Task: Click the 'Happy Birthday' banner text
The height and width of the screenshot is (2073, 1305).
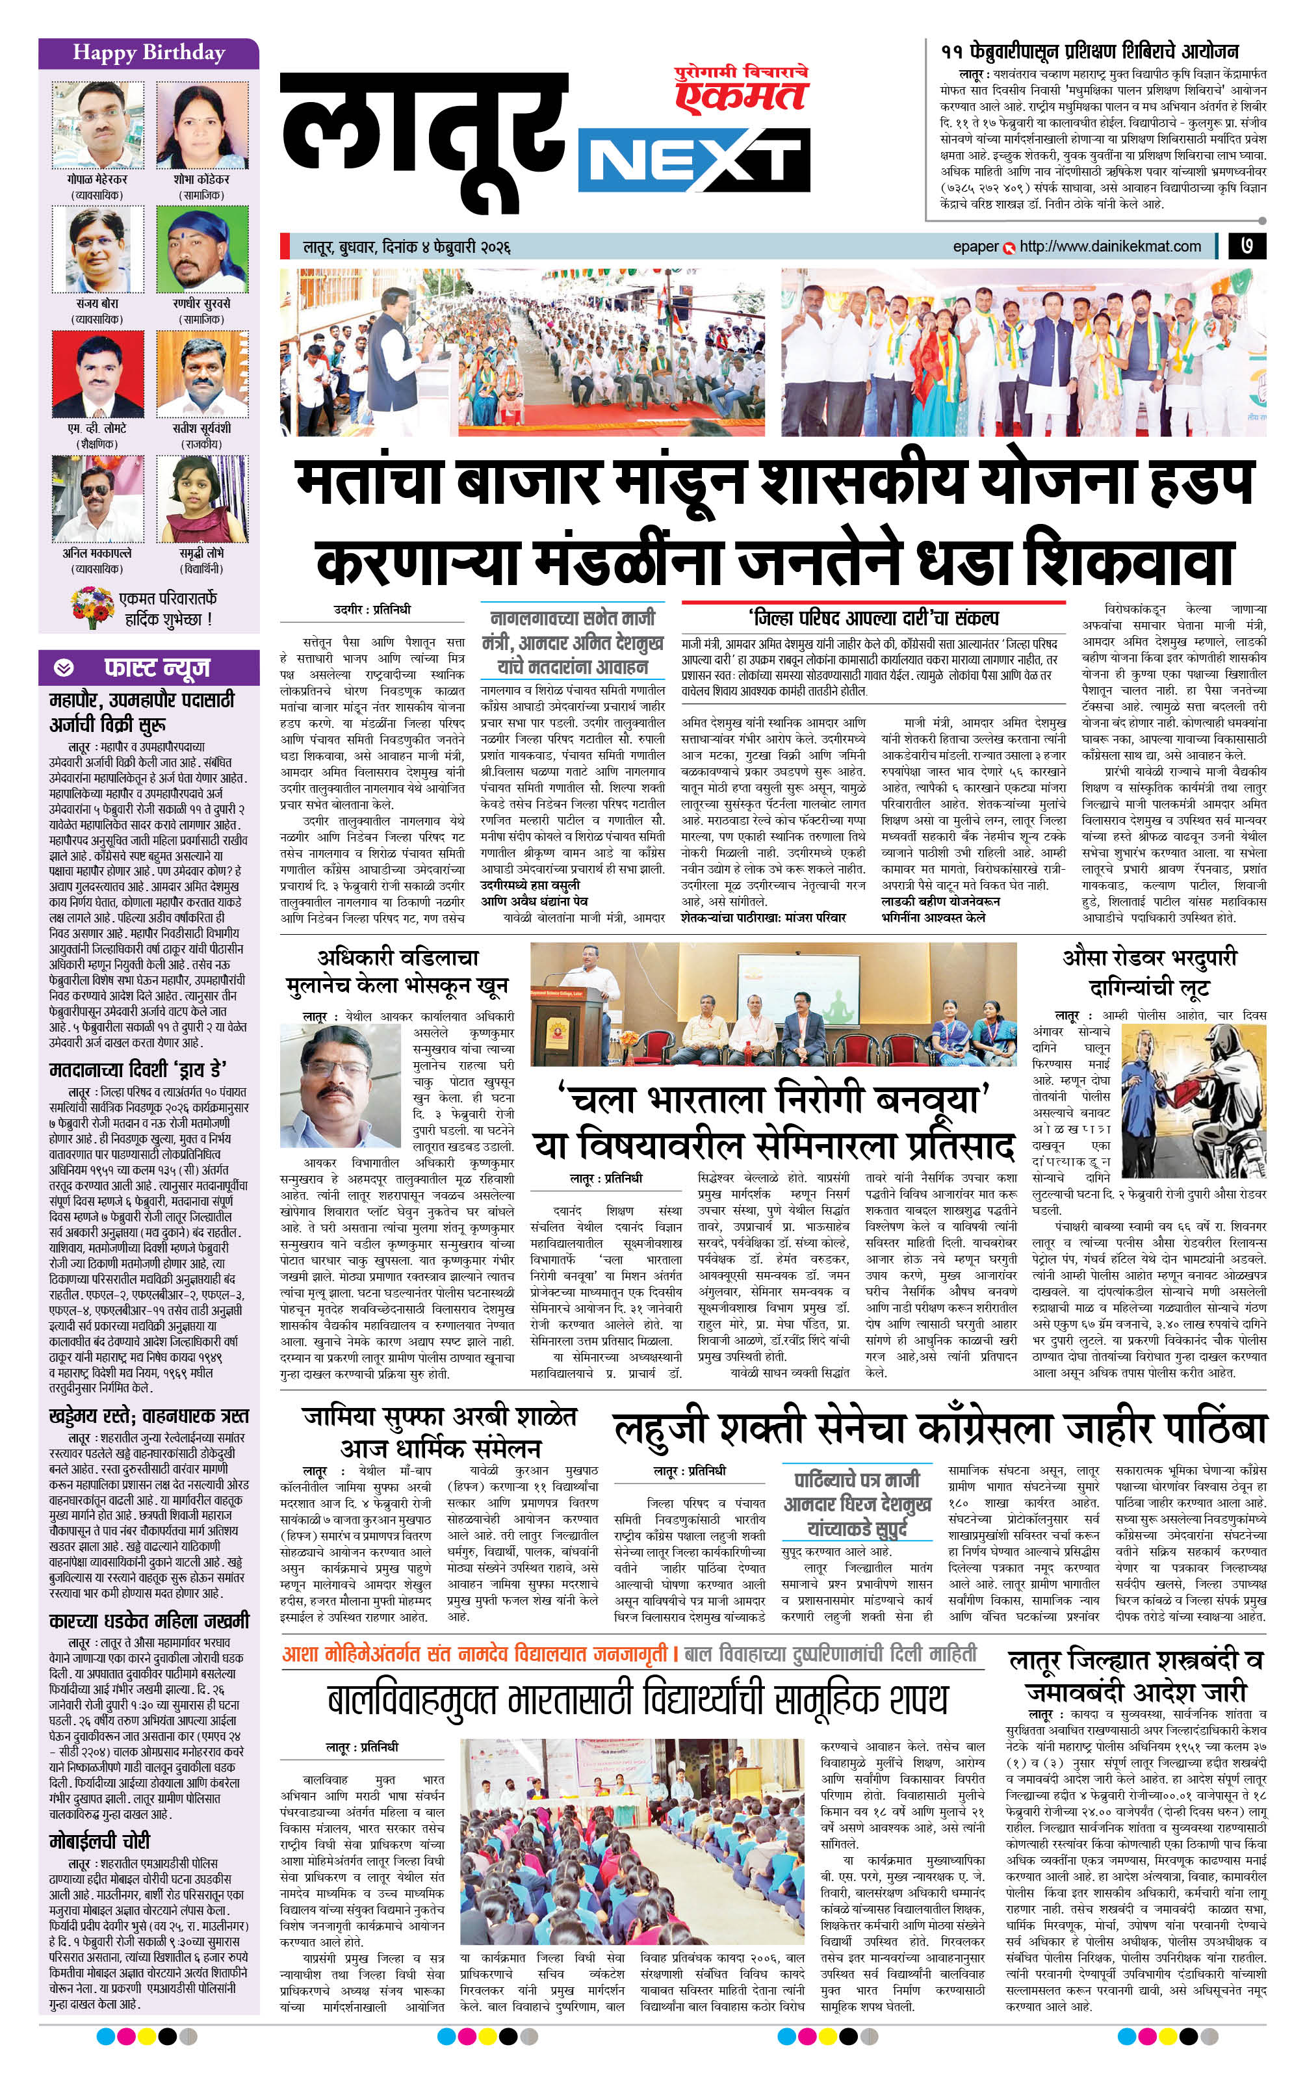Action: pyautogui.click(x=148, y=53)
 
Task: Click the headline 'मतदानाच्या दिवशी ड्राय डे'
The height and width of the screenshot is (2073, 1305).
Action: pyautogui.click(x=138, y=1070)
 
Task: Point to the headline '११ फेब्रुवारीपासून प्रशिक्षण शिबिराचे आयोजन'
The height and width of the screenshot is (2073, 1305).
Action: pyautogui.click(x=1089, y=51)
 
